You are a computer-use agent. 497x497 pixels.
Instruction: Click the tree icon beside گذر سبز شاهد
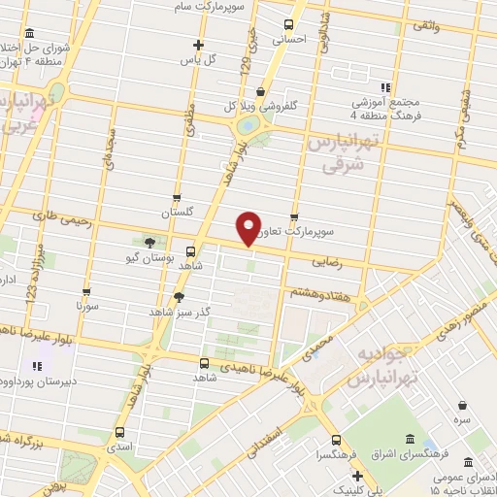pos(179,297)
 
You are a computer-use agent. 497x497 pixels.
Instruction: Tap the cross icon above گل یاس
pos(198,44)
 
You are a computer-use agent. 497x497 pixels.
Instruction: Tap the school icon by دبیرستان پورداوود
pos(37,367)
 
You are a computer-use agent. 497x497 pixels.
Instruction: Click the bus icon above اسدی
pos(119,433)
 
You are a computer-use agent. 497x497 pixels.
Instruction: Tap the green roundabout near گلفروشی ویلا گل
pos(248,124)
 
